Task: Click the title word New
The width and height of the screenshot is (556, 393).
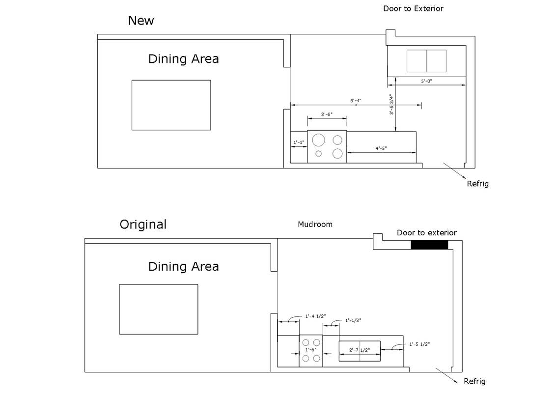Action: (x=141, y=21)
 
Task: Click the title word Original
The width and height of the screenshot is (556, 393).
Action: (x=143, y=225)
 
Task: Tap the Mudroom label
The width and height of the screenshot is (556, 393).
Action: (x=315, y=225)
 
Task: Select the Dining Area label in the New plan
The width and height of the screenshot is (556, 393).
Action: (x=183, y=59)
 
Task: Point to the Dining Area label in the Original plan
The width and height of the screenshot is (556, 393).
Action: (x=183, y=267)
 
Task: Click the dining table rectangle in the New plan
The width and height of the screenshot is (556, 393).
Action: (x=171, y=105)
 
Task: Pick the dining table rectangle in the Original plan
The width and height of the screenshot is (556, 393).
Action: (x=158, y=309)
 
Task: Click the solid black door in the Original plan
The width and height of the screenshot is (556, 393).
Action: (x=429, y=245)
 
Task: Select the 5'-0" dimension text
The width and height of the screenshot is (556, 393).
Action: (x=426, y=81)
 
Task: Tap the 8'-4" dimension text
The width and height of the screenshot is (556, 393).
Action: (x=356, y=101)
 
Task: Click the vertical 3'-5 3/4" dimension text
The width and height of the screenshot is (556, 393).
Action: (x=391, y=104)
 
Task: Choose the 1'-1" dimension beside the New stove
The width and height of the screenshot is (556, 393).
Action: (x=299, y=142)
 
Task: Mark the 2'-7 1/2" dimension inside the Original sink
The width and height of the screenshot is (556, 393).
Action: (x=360, y=350)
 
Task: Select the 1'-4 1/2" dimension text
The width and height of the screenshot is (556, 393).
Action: (x=315, y=316)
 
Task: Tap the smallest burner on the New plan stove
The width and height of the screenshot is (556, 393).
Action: (x=318, y=154)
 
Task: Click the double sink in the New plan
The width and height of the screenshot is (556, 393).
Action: (x=426, y=61)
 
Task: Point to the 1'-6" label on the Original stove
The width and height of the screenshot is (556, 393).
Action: (x=311, y=350)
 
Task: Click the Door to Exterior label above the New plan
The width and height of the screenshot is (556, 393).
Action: (x=413, y=8)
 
